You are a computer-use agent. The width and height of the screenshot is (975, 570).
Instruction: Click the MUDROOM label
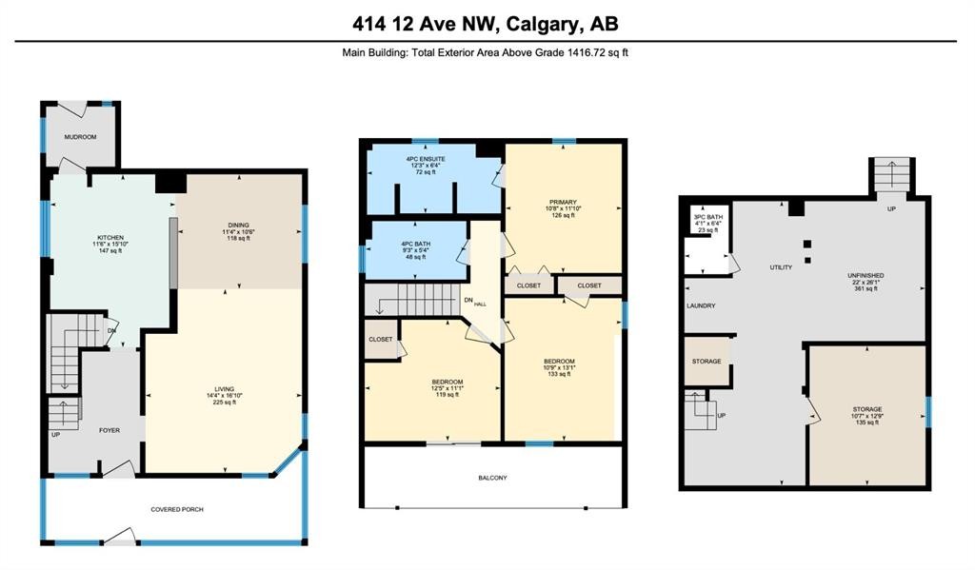pos(80,137)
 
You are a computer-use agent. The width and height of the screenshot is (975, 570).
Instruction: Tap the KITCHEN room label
pos(110,237)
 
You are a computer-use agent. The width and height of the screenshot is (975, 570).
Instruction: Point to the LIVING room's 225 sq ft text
pos(225,403)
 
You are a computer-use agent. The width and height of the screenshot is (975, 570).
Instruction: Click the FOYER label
pos(110,430)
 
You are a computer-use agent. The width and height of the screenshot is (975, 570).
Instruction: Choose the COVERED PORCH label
pos(177,509)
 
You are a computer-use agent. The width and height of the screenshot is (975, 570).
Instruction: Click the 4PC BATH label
pos(415,245)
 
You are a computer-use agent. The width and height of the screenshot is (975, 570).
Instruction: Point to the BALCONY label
pos(493,477)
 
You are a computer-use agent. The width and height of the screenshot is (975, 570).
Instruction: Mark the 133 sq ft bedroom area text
pos(559,374)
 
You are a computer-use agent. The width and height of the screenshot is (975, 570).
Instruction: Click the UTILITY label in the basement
pos(781,267)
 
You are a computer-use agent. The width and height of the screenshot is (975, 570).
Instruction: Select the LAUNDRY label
pos(701,305)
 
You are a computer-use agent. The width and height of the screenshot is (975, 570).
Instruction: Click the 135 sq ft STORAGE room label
pos(866,416)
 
